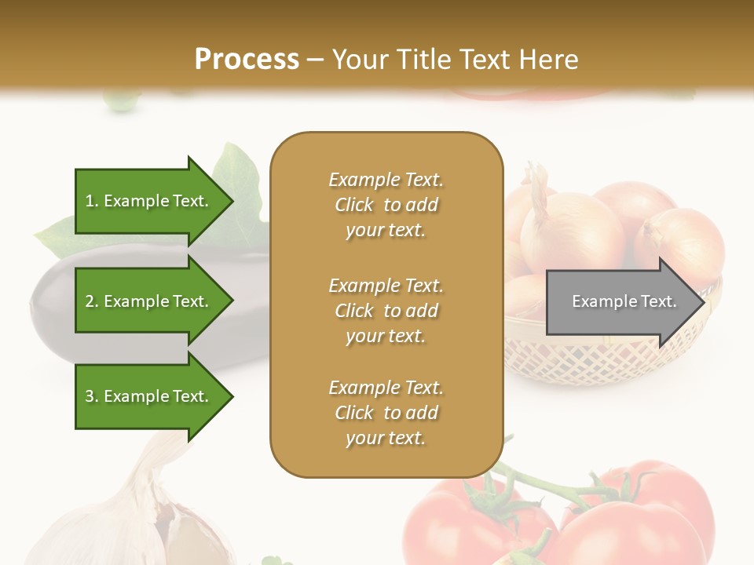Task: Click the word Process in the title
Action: coord(247,59)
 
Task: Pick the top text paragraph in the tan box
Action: coord(386,205)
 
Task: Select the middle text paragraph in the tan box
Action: coord(386,311)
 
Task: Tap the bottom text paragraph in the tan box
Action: coord(386,413)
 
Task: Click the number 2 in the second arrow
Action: coord(90,301)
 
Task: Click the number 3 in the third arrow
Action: coord(90,396)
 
